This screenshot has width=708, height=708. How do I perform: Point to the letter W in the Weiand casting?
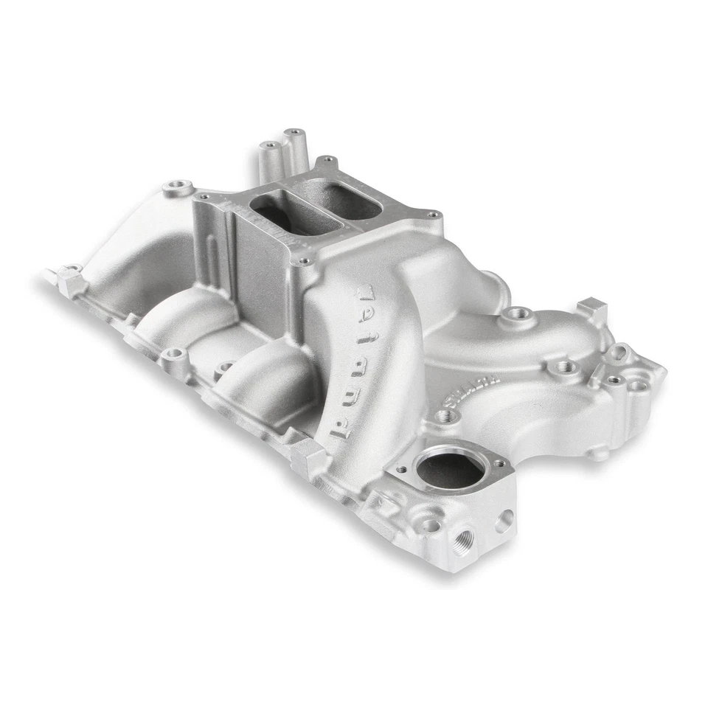pos(367,296)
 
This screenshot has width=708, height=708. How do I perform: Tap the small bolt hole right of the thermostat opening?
pos(499,463)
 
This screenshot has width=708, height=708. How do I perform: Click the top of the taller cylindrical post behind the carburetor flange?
pos(294,134)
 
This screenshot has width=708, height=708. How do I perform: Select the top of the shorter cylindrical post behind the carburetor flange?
pos(270,146)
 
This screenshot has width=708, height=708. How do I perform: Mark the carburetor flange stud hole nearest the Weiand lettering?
pos(301,262)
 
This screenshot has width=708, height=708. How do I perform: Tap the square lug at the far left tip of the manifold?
pos(71,281)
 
